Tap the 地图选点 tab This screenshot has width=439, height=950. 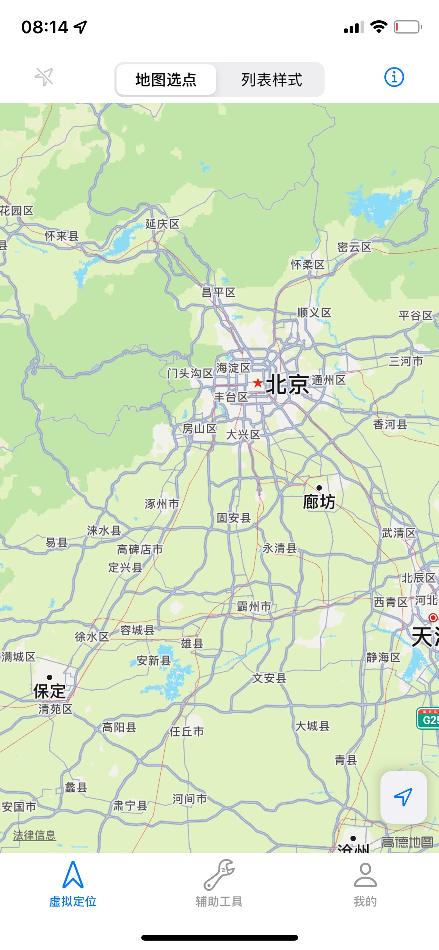click(166, 80)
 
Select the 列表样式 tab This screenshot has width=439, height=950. click(271, 80)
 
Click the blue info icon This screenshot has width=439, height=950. click(394, 77)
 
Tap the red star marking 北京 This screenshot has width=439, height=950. click(258, 383)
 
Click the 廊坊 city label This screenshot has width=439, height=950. click(319, 502)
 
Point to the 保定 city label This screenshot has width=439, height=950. click(49, 691)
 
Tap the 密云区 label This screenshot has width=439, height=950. click(354, 247)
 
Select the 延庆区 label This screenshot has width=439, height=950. click(162, 224)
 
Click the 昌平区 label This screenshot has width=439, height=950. click(219, 292)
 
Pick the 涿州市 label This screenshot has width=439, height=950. click(162, 504)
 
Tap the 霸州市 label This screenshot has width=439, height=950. click(254, 606)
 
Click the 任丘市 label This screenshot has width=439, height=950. click(187, 731)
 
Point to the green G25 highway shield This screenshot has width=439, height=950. click(428, 719)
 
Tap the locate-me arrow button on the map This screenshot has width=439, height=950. click(403, 797)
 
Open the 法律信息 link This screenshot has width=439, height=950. click(34, 835)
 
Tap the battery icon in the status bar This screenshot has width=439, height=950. click(407, 27)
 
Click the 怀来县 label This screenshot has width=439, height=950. click(62, 236)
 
